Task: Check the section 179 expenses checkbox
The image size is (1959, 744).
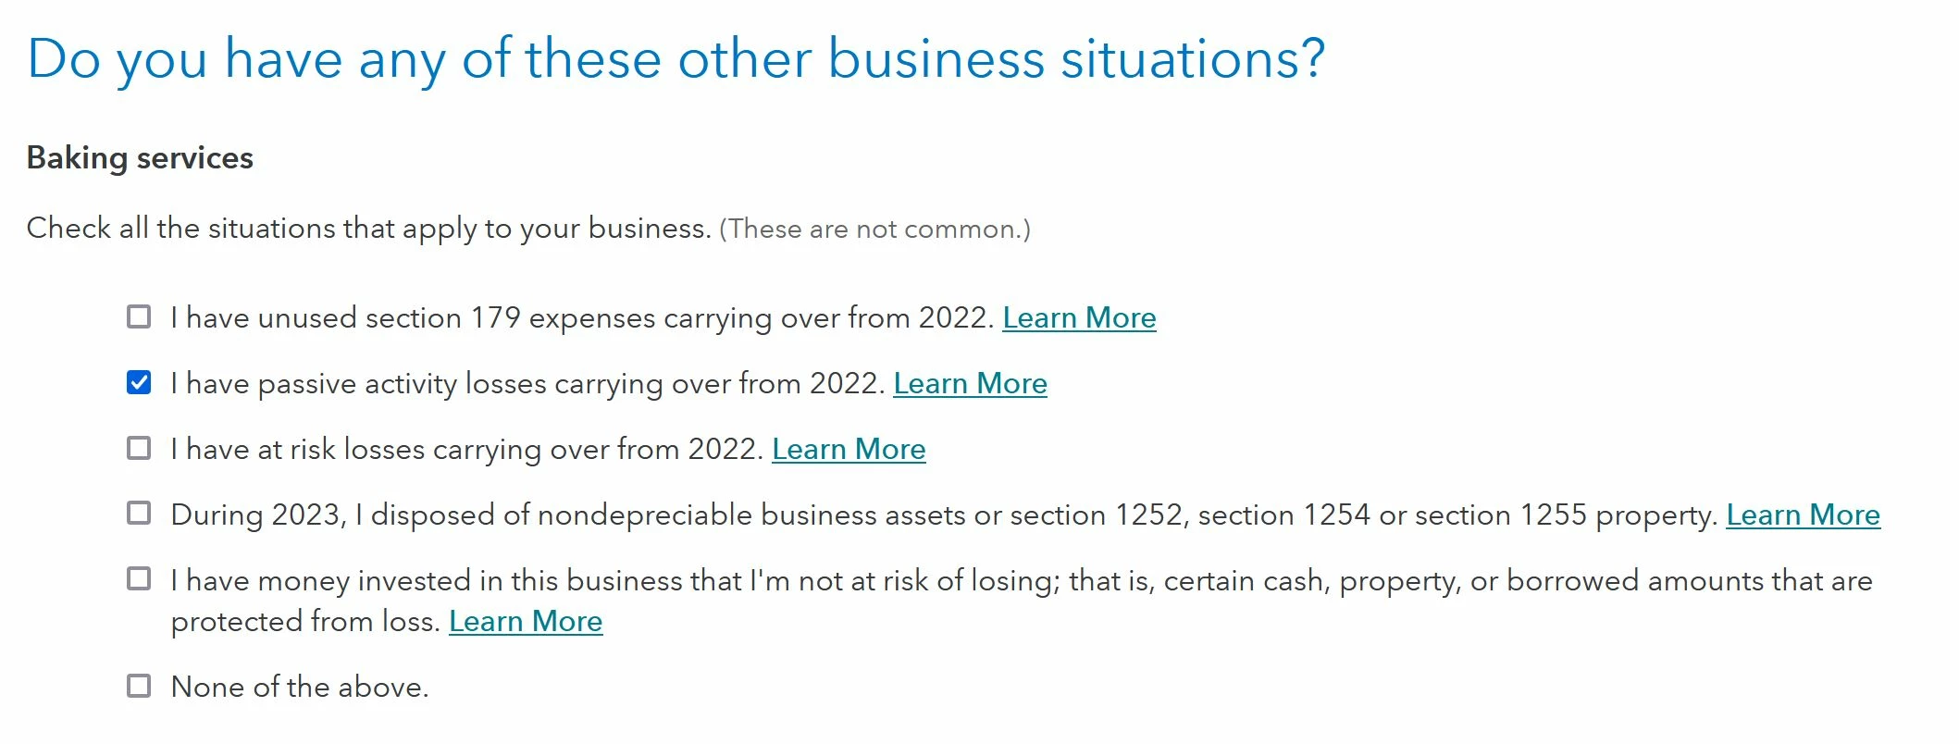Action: coord(139,317)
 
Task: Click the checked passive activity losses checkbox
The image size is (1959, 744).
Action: coord(139,382)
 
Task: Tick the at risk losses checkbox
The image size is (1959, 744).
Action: coord(139,449)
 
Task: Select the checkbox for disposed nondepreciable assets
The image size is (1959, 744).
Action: coord(139,514)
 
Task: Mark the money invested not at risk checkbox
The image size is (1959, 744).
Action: coord(139,579)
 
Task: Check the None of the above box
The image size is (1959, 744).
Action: coord(139,686)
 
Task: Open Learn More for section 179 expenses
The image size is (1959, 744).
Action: coord(1079,318)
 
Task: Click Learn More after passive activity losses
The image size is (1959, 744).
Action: coord(970,384)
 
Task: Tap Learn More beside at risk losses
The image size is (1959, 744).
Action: coord(849,450)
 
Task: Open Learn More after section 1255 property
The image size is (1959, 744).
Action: coord(1803,515)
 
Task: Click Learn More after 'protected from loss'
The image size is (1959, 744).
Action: coord(526,622)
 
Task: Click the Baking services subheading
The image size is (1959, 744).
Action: coord(140,158)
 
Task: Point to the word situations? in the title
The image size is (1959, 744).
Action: coord(1193,59)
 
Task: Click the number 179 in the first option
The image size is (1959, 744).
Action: coord(496,318)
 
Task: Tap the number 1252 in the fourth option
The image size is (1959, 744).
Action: coord(1151,515)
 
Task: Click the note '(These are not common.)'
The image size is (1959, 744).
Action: coord(874,229)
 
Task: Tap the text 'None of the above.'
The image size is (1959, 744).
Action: coord(300,688)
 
